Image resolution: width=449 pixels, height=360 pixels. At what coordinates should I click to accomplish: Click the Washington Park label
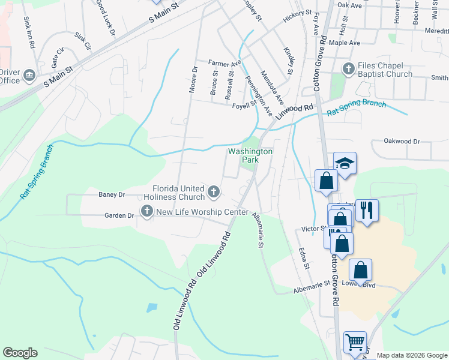pyautogui.click(x=250, y=156)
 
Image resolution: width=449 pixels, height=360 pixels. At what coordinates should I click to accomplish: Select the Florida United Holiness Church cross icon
pyautogui.click(x=213, y=192)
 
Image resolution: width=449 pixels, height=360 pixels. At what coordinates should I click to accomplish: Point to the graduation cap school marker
pyautogui.click(x=345, y=163)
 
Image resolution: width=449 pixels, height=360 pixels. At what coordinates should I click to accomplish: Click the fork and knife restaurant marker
pyautogui.click(x=367, y=210)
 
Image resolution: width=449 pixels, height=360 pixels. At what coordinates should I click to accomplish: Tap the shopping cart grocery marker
pyautogui.click(x=355, y=343)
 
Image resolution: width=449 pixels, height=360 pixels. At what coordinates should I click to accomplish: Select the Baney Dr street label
pyautogui.click(x=111, y=195)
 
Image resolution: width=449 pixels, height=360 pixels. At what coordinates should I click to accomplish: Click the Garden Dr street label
pyautogui.click(x=119, y=215)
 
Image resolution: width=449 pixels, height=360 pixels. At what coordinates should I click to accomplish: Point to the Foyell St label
pyautogui.click(x=244, y=106)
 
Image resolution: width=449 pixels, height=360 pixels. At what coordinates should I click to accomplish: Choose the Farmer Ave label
pyautogui.click(x=224, y=62)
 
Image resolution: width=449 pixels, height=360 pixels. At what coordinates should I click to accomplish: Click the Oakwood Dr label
pyautogui.click(x=402, y=142)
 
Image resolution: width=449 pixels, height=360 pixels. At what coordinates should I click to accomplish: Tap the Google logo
pyautogui.click(x=20, y=353)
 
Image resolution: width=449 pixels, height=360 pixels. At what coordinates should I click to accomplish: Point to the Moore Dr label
pyautogui.click(x=193, y=80)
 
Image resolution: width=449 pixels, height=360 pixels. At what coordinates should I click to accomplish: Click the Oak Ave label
pyautogui.click(x=350, y=5)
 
